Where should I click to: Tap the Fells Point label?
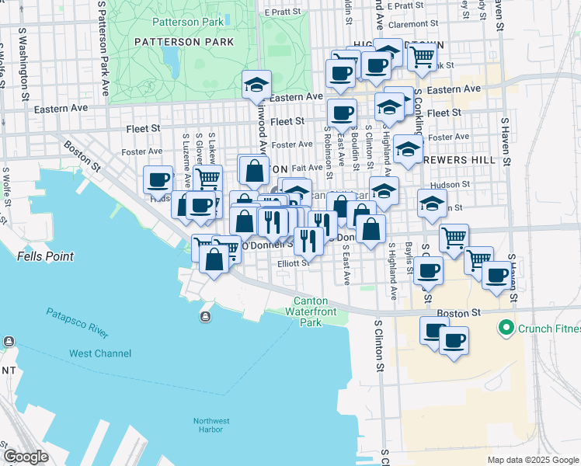pos(44,256)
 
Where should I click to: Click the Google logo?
pos(26,457)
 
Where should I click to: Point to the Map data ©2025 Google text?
pos(532,460)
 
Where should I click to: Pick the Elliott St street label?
pos(294,263)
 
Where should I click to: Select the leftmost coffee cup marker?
pos(158,179)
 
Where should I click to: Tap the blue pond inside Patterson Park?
pos(169,57)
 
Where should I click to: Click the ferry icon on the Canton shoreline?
pos(205,316)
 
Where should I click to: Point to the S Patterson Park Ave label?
pos(103,47)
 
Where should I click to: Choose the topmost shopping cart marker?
pos(422,55)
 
